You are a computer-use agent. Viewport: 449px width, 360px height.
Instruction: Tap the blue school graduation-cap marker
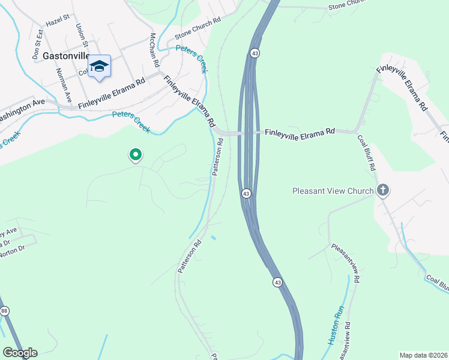pyautogui.click(x=99, y=67)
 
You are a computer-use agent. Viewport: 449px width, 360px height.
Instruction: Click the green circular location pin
pyautogui.click(x=136, y=155)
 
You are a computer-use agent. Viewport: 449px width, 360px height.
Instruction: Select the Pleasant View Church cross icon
pyautogui.click(x=383, y=191)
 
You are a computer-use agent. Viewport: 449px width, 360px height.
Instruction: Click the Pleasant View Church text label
pyautogui.click(x=333, y=191)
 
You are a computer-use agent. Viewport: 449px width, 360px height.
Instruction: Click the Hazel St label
pyautogui.click(x=58, y=21)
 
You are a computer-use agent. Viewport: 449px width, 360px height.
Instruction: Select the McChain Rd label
pyautogui.click(x=154, y=50)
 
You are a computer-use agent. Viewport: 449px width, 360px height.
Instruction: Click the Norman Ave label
pyautogui.click(x=64, y=85)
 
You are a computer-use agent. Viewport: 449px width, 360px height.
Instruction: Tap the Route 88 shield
pyautogui.click(x=5, y=310)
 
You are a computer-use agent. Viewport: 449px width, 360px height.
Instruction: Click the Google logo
pyautogui.click(x=20, y=352)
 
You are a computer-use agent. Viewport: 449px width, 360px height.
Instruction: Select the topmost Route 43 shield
pyautogui.click(x=255, y=53)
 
